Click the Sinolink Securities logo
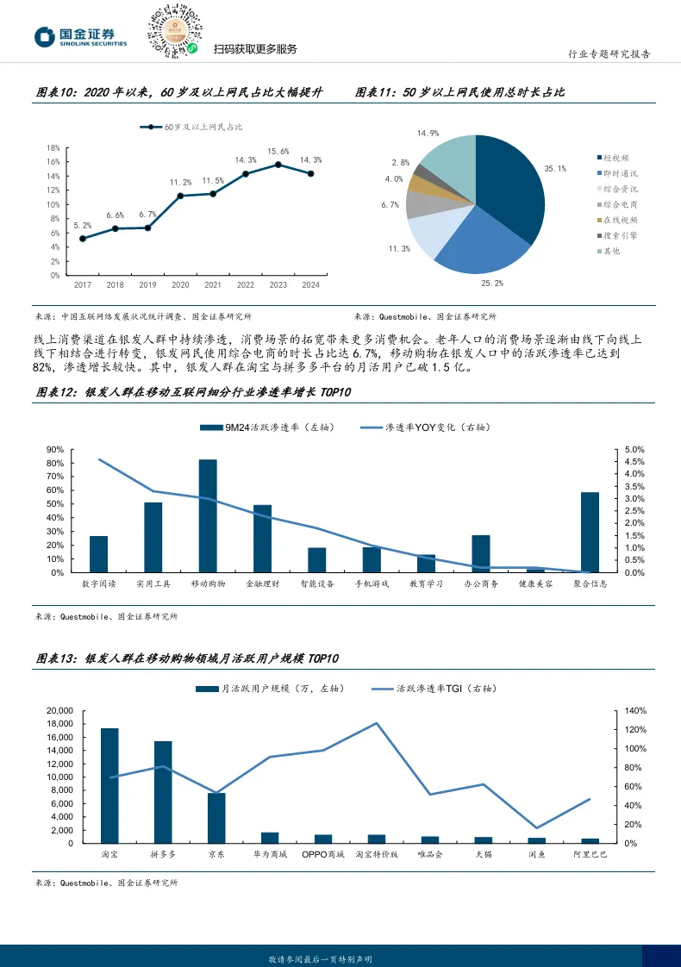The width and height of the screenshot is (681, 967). click(x=80, y=37)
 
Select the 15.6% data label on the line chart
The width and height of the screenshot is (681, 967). click(x=278, y=152)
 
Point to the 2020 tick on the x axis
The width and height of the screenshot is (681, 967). click(x=180, y=284)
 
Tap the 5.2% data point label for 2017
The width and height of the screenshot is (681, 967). click(x=82, y=226)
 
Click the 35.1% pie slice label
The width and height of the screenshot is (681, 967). click(x=555, y=169)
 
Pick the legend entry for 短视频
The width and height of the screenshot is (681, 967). click(x=615, y=158)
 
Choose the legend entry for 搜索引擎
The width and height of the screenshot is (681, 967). click(x=620, y=235)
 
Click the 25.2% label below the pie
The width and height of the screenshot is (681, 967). click(x=492, y=282)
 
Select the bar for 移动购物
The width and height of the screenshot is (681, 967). click(x=208, y=515)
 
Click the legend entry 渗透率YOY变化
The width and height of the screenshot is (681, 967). click(x=421, y=427)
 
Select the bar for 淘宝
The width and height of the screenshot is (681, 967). click(x=109, y=785)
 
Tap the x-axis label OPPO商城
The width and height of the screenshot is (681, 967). click(x=322, y=855)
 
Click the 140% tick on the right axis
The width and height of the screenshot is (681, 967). click(x=634, y=711)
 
